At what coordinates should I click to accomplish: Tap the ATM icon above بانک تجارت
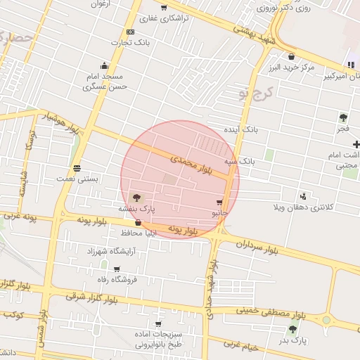[x=130, y=32]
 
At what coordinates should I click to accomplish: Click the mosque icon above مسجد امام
[x=104, y=66]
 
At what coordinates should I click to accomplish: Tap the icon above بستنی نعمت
[x=77, y=168]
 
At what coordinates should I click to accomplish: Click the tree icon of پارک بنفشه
[x=136, y=198]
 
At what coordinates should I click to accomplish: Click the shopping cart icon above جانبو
[x=220, y=202]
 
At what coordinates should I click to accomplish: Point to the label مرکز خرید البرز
[x=290, y=67]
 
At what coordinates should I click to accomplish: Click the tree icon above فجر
[x=343, y=117]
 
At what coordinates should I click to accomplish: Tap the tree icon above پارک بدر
[x=292, y=329]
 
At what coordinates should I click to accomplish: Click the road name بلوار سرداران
[x=257, y=247]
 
